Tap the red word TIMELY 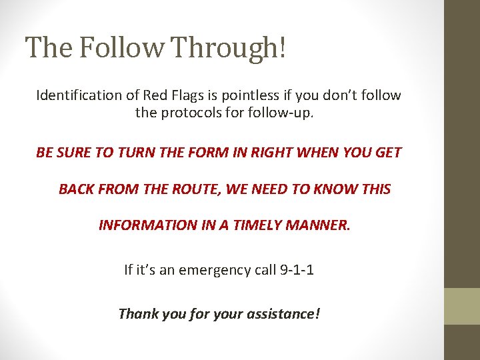coord(258,225)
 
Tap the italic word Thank coord(136,313)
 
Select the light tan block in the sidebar coord(462,306)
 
